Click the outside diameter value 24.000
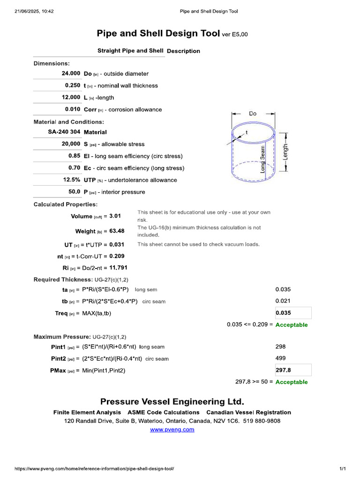click(x=71, y=73)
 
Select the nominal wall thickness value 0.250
click(x=73, y=86)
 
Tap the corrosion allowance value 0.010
click(x=73, y=109)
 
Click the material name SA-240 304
click(x=64, y=132)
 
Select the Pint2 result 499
click(x=280, y=358)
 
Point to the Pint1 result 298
click(x=280, y=347)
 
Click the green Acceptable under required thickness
click(x=292, y=325)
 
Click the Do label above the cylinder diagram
click(x=253, y=114)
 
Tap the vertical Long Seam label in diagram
click(x=262, y=159)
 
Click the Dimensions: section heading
click(x=52, y=63)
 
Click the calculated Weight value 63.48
click(x=117, y=231)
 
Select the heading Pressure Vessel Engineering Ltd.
click(x=172, y=402)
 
